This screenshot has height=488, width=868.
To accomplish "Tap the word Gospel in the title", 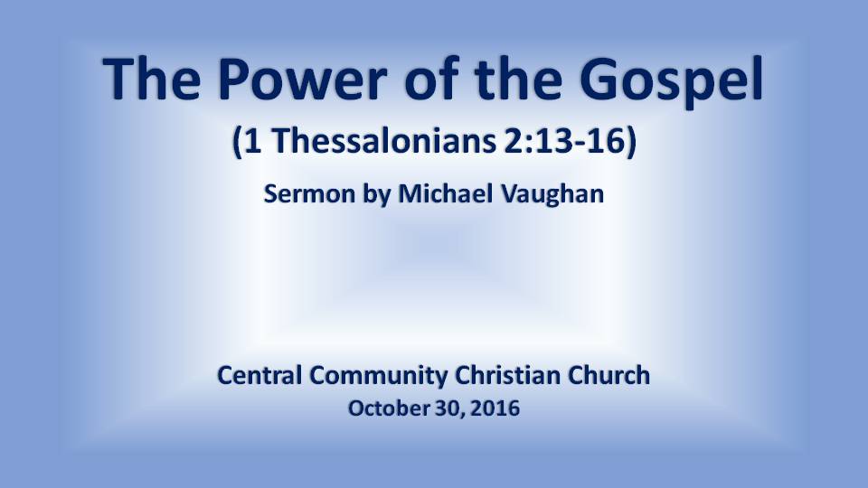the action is (672, 81).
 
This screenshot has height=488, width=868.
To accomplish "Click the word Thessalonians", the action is (384, 141).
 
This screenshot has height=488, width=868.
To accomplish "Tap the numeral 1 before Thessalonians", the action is (252, 141).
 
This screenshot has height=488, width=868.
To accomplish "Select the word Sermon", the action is (309, 193).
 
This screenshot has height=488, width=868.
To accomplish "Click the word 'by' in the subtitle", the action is (376, 195).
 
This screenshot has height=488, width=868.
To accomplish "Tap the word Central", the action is (259, 375).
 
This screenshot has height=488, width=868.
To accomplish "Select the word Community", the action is (379, 377).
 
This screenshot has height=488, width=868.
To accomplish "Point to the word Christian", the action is (507, 375).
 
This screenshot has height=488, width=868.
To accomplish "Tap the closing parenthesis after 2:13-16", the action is (631, 142).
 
